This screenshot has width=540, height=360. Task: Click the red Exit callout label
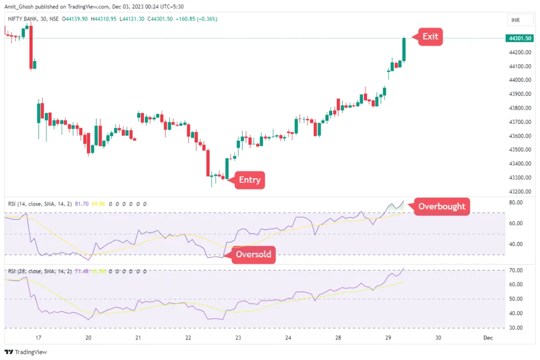click(x=430, y=37)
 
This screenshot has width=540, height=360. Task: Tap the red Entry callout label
click(x=249, y=180)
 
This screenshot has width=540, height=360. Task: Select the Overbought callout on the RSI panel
click(x=441, y=206)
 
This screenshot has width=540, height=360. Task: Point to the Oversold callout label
click(x=253, y=255)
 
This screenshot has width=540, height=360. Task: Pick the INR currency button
click(x=516, y=20)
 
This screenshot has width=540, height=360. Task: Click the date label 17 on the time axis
click(x=38, y=338)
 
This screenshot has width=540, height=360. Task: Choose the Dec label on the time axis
click(x=488, y=338)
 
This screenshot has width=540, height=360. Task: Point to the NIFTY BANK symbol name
click(x=24, y=19)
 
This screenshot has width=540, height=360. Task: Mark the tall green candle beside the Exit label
click(x=404, y=50)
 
